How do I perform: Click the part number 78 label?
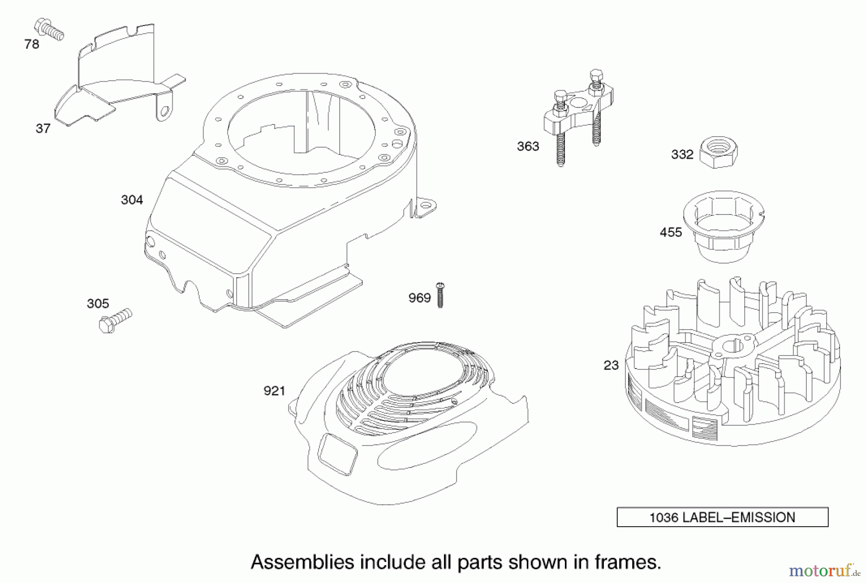(x=32, y=44)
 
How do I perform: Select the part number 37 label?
(x=43, y=128)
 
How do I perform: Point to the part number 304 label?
(x=132, y=200)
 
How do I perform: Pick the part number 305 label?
(x=98, y=304)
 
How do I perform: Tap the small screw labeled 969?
(x=440, y=294)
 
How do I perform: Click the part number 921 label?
(x=274, y=391)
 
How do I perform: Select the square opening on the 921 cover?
(x=338, y=453)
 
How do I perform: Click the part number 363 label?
(x=528, y=146)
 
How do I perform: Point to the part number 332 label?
(x=682, y=154)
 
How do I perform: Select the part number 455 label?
(x=671, y=232)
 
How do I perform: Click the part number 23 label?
(x=611, y=366)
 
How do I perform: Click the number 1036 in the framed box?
(x=663, y=518)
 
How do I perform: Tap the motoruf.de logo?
(x=824, y=571)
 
